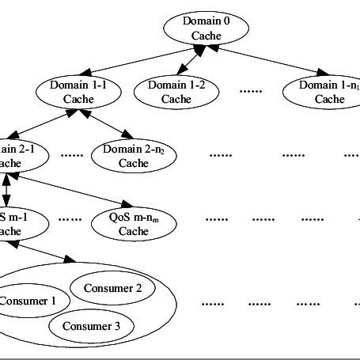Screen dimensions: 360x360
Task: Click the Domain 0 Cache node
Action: coord(205,28)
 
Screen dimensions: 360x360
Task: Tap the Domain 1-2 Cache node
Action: coord(177,92)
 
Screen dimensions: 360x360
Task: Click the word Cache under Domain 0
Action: coord(205,36)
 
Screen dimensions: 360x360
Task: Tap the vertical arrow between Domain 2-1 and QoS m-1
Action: coord(7,190)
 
